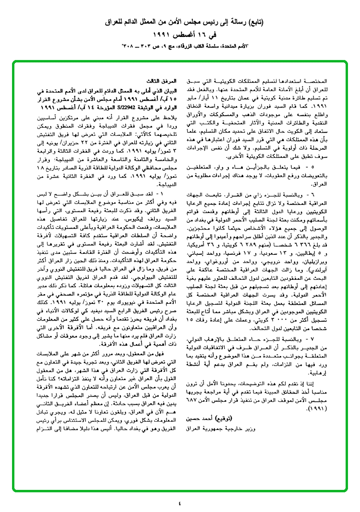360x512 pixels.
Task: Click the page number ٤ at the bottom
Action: point(180,490)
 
